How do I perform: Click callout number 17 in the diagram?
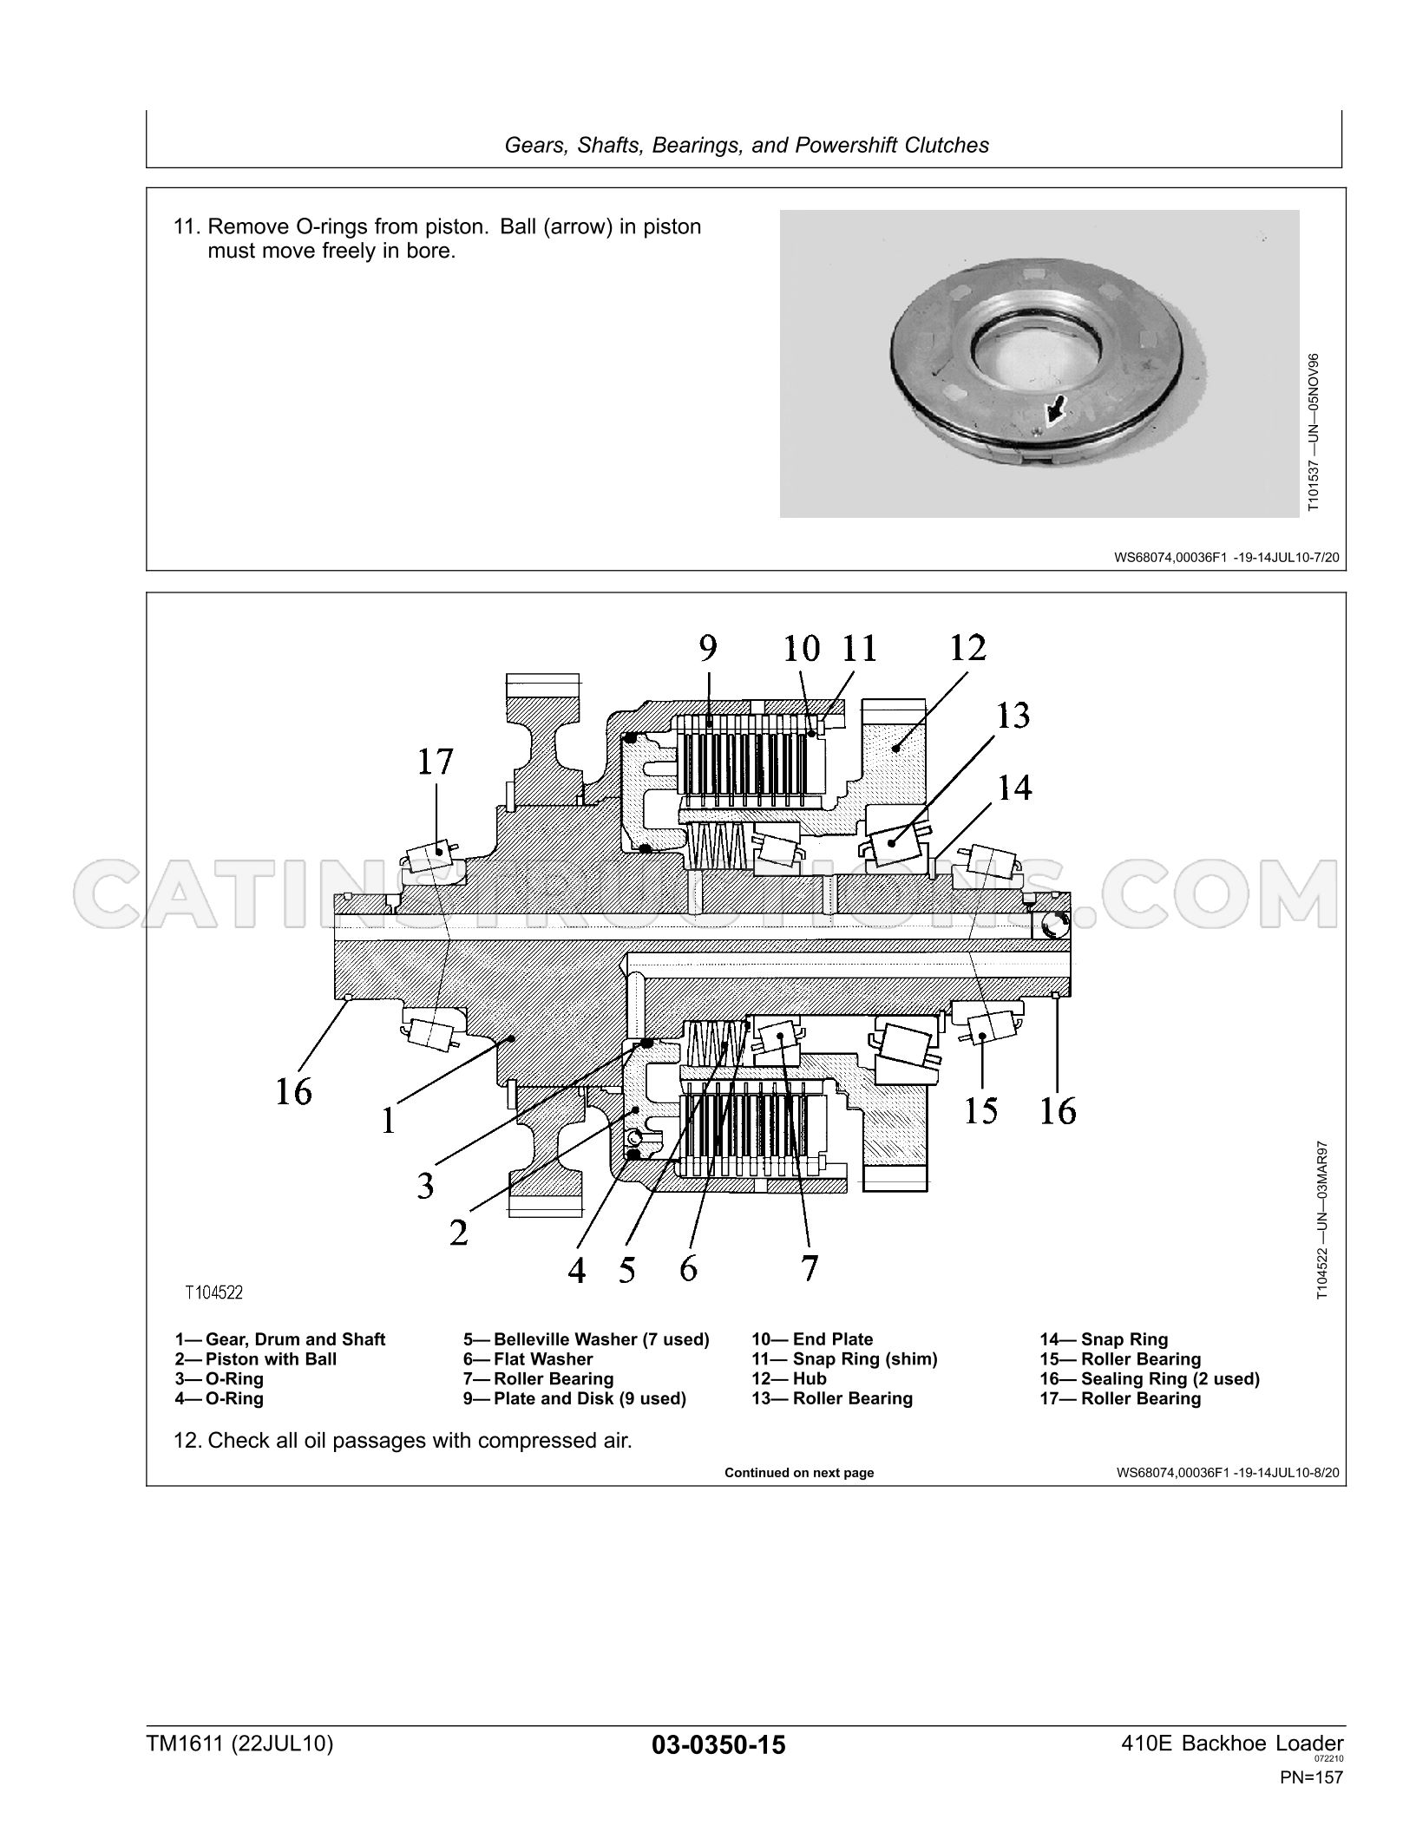tap(436, 762)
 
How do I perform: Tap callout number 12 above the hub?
tap(967, 648)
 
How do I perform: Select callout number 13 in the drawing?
tap(1013, 716)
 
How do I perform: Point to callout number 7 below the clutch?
tap(809, 1268)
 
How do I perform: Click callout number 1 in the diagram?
tap(388, 1122)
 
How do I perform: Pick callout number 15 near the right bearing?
tap(980, 1110)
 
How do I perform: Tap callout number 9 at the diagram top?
tap(708, 648)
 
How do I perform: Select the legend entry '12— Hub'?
tap(789, 1378)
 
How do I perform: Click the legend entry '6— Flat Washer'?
tap(528, 1359)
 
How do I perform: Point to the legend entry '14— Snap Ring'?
tap(1104, 1339)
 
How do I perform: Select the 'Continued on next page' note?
tap(799, 1473)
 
